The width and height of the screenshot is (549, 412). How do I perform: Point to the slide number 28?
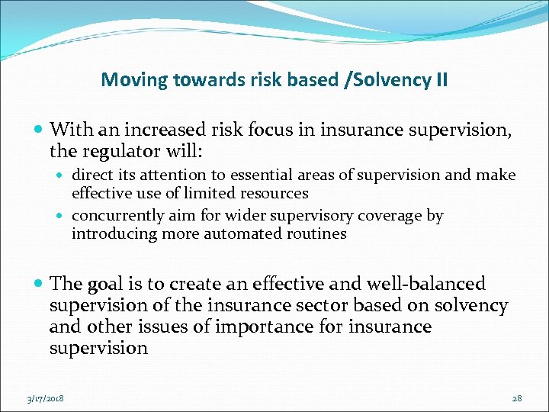tap(516, 398)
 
